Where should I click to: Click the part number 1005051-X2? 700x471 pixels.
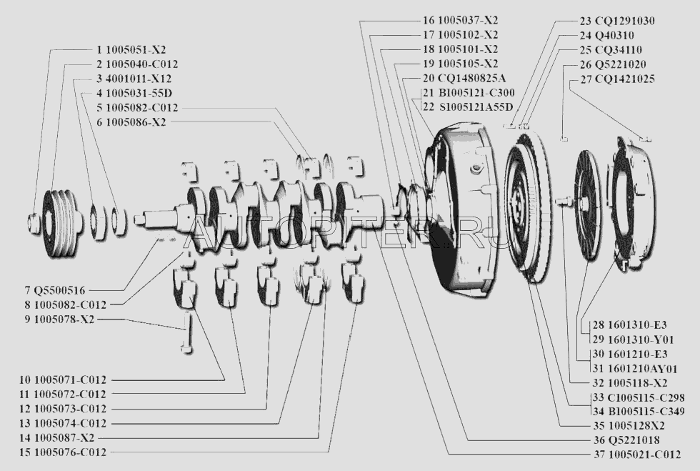pos(136,51)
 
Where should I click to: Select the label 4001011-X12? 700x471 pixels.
pos(139,79)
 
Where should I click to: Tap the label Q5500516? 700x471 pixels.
pos(59,290)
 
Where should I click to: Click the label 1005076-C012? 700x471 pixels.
pos(70,452)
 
